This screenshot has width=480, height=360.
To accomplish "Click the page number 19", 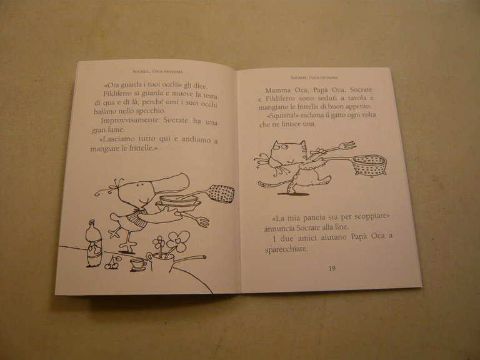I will click(332, 268).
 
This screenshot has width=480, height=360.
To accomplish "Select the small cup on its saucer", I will click(137, 264).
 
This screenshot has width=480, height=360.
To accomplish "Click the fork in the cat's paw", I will click(341, 147).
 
